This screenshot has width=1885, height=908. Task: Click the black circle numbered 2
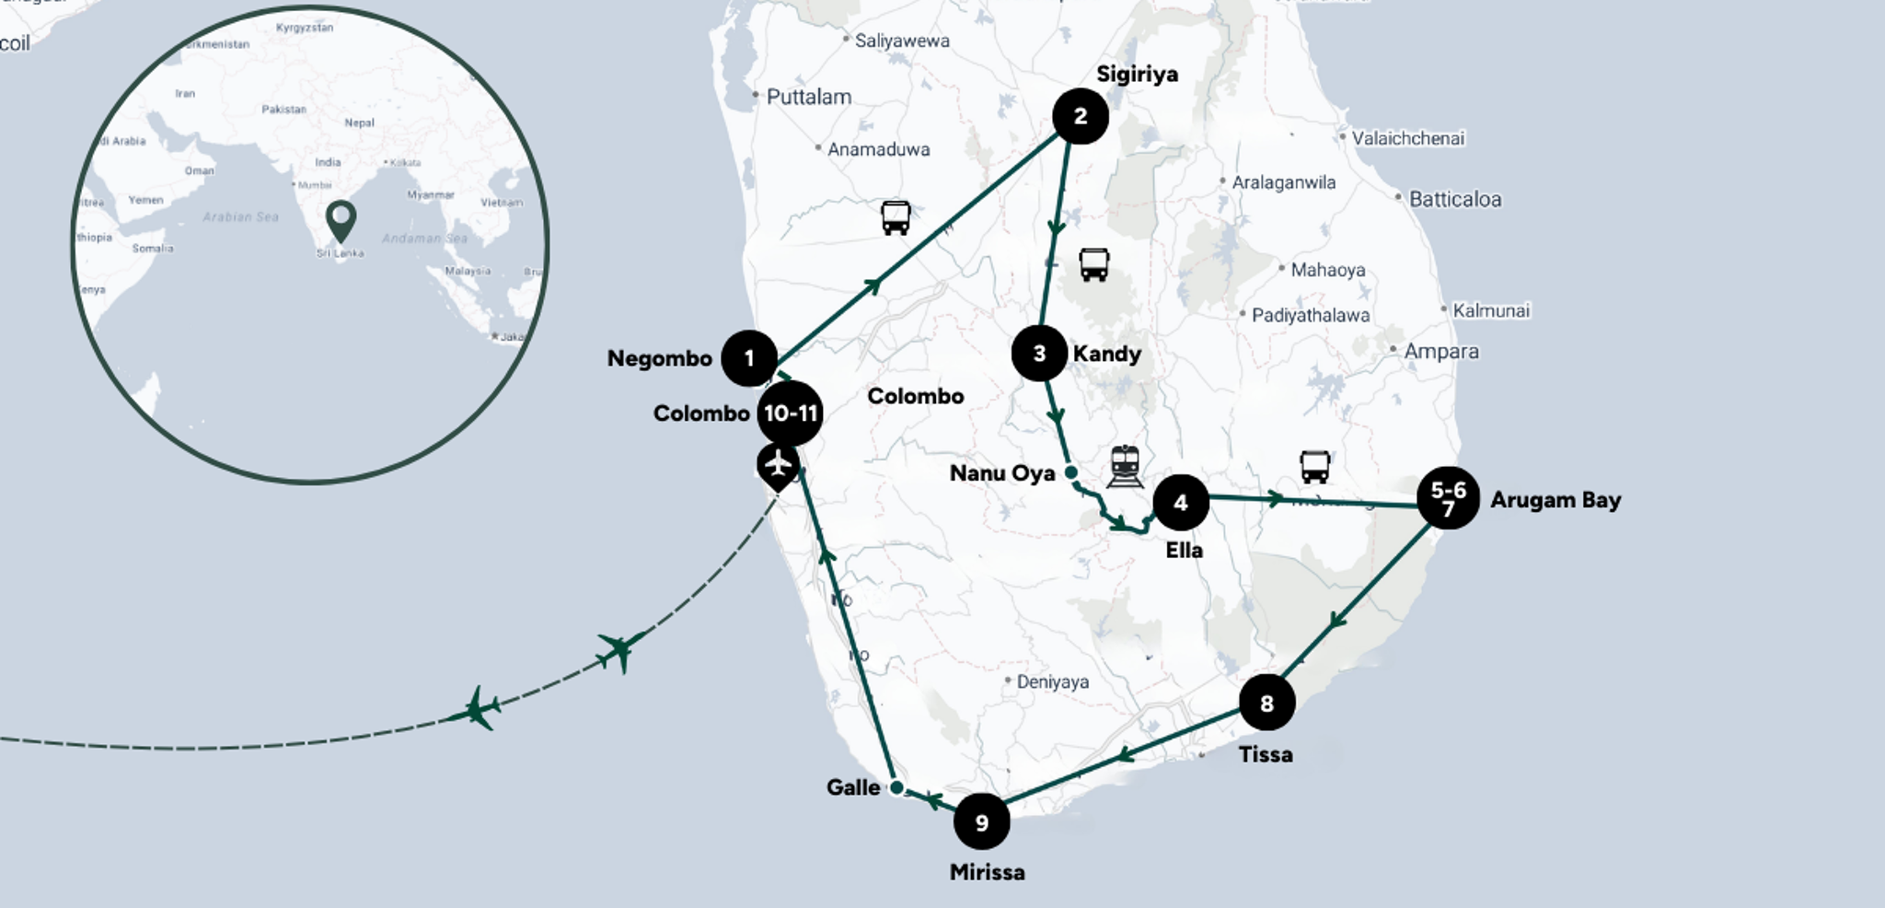[1080, 117]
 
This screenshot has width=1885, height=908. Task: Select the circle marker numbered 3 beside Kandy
[1039, 354]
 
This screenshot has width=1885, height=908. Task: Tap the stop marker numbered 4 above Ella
[1181, 503]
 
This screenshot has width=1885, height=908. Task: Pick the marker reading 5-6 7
[1448, 499]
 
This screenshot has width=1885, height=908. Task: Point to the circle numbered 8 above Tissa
[1266, 704]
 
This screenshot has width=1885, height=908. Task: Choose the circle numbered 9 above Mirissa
[981, 821]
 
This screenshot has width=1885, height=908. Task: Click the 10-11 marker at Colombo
[790, 413]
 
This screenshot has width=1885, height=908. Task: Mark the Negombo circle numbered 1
[749, 358]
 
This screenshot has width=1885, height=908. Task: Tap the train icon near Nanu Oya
[1125, 466]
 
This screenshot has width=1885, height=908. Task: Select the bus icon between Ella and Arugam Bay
[1314, 467]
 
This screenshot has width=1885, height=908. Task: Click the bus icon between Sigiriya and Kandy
[1093, 265]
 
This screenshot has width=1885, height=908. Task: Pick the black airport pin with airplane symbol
[778, 465]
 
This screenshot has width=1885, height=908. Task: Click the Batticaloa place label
[1454, 200]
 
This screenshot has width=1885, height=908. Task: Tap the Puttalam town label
[808, 97]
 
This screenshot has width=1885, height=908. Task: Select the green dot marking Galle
[896, 788]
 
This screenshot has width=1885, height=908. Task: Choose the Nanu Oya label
[1001, 473]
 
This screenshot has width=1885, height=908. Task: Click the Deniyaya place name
[1052, 682]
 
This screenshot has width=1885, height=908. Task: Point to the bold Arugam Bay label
[1555, 500]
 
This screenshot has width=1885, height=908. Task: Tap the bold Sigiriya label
[1137, 75]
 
